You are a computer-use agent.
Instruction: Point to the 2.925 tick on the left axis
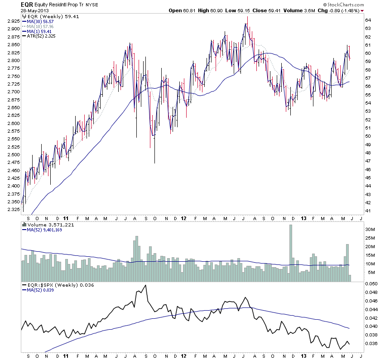(13, 21)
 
